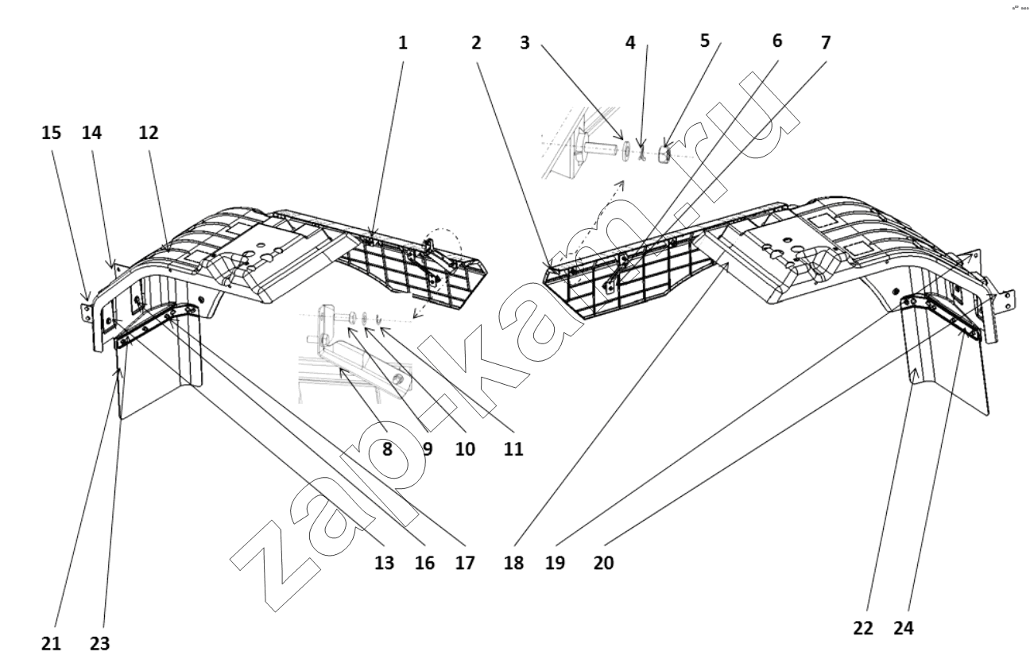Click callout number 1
pyautogui.click(x=403, y=43)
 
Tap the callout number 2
pyautogui.click(x=476, y=43)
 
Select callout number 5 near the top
pyautogui.click(x=705, y=41)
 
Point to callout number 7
pyautogui.click(x=826, y=42)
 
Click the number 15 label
pyautogui.click(x=51, y=133)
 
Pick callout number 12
pyautogui.click(x=149, y=133)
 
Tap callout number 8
pyautogui.click(x=387, y=449)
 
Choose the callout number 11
pyautogui.click(x=513, y=449)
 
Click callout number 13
pyautogui.click(x=384, y=562)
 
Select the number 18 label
pyautogui.click(x=513, y=562)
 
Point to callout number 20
pyautogui.click(x=603, y=562)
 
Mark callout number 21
pyautogui.click(x=51, y=644)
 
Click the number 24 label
pyautogui.click(x=904, y=628)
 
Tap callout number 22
pyautogui.click(x=862, y=628)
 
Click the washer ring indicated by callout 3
pyautogui.click(x=625, y=153)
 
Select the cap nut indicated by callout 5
pyautogui.click(x=663, y=154)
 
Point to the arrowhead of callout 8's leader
pyautogui.click(x=341, y=370)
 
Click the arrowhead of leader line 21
pyautogui.click(x=119, y=371)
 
